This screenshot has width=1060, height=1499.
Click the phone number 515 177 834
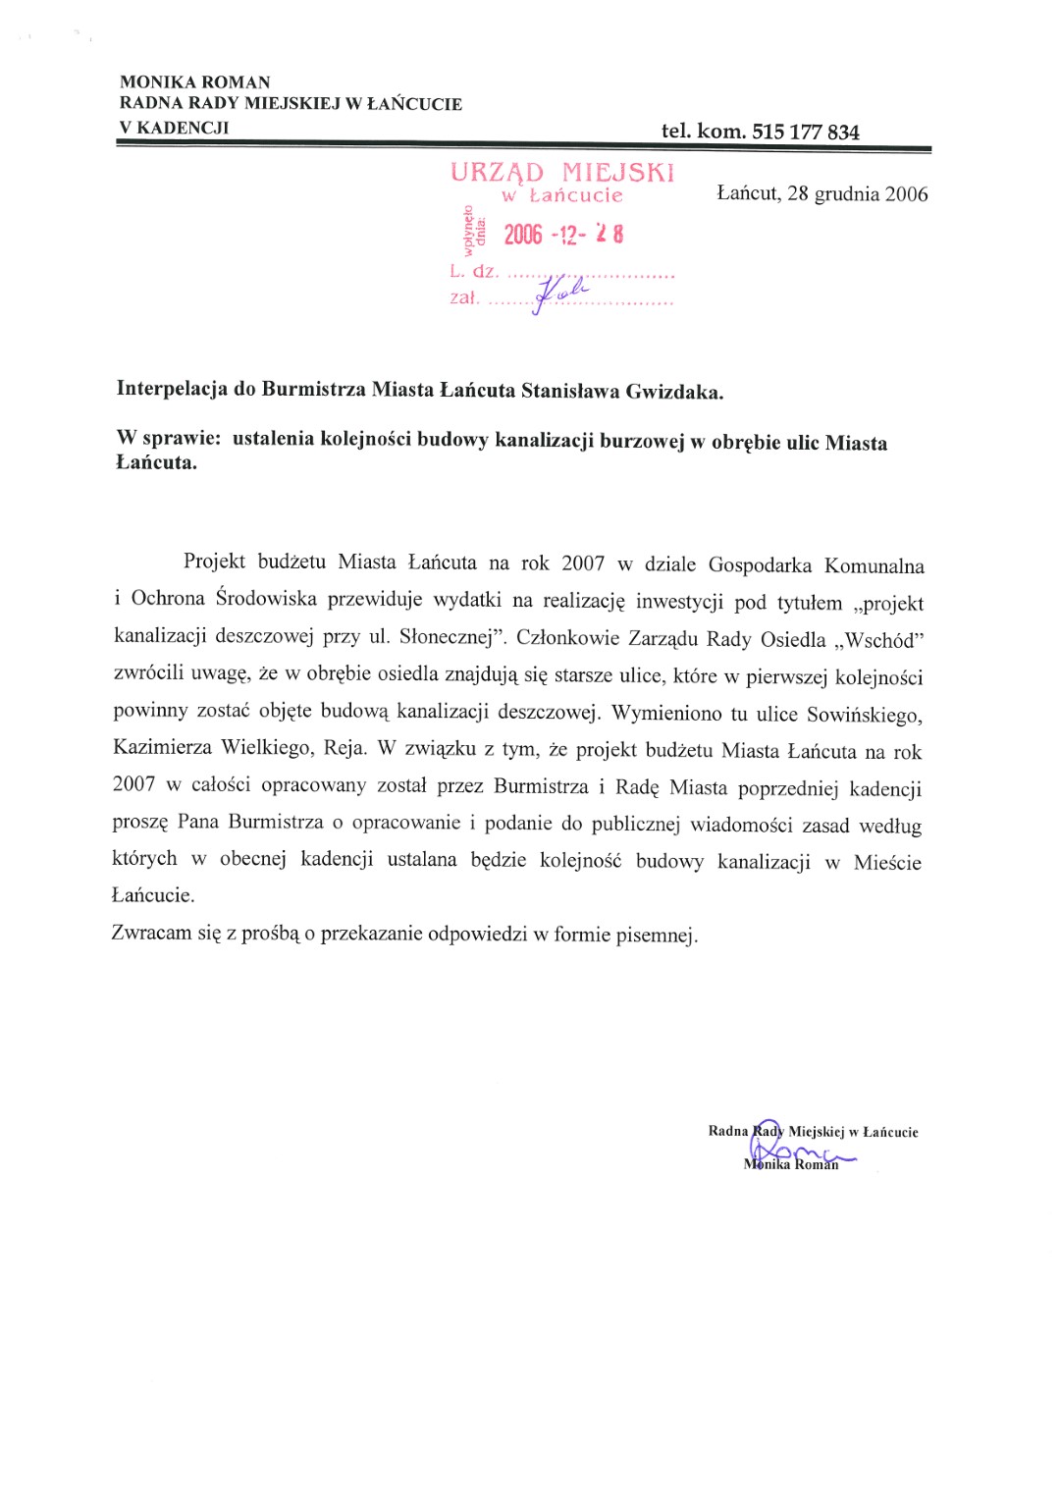(805, 132)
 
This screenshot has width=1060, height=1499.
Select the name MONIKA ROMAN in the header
(194, 81)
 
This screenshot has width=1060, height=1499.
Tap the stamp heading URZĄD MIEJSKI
(562, 173)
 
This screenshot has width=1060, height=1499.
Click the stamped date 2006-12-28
(563, 234)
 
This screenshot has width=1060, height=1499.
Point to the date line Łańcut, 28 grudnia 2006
(821, 193)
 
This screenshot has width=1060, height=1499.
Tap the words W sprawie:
(168, 438)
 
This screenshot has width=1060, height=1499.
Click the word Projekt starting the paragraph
(214, 562)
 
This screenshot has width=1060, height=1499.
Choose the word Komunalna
(874, 565)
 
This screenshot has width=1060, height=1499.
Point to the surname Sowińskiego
(864, 715)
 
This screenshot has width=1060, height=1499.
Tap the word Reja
(344, 748)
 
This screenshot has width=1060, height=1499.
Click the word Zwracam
(151, 932)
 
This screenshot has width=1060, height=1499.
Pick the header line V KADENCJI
(174, 127)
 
